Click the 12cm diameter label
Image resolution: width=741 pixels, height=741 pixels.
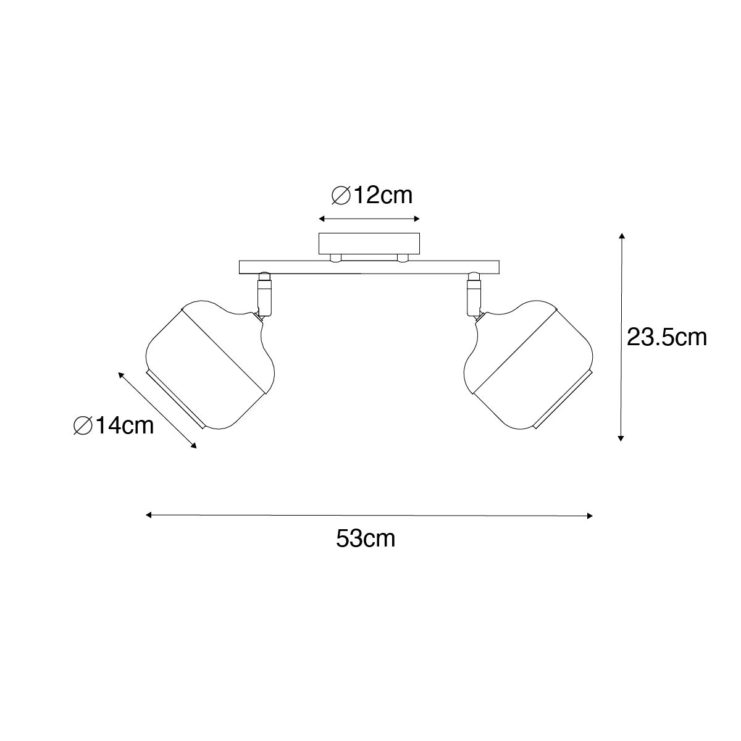(372, 196)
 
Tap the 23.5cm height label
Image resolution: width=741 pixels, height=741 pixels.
(667, 338)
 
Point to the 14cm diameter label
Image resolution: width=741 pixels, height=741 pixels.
(114, 425)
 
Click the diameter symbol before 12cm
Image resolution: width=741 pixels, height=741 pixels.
(341, 196)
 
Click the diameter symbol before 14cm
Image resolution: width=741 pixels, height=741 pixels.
(83, 426)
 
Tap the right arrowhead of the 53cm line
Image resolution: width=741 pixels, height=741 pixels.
(589, 516)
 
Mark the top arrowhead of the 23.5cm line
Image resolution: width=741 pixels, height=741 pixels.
(622, 236)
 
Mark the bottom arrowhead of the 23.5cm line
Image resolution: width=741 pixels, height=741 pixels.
(620, 437)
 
